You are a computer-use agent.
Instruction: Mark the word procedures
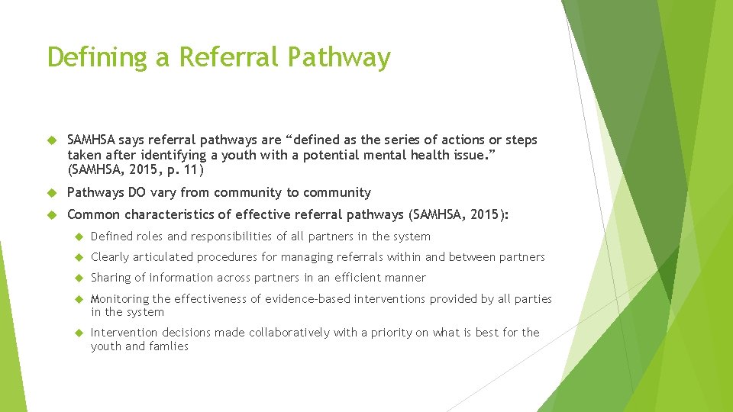point(227,257)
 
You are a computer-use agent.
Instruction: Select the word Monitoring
point(121,299)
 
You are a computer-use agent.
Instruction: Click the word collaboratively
point(285,333)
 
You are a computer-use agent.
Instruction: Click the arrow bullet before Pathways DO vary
point(53,193)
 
